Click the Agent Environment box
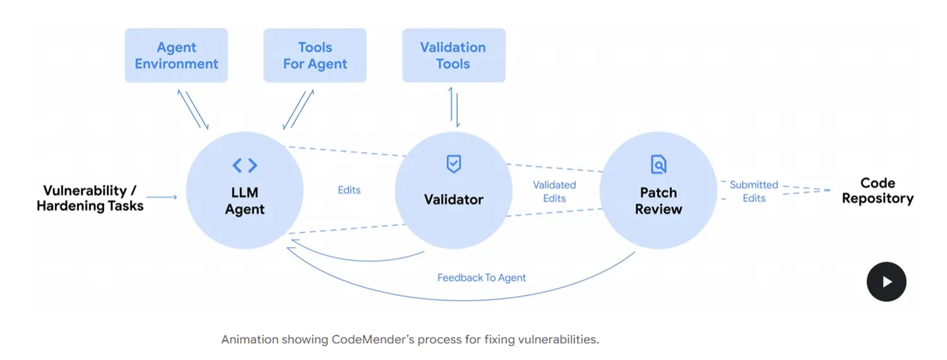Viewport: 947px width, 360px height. coord(176,56)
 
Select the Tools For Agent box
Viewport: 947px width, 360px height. coord(315,56)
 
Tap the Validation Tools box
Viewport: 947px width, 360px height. coord(453,56)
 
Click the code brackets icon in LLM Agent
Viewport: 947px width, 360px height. coord(245,165)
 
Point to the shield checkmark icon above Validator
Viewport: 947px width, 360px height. coord(453,164)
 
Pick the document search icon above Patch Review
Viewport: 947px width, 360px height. coord(658,165)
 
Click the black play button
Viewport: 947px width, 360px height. coord(886,282)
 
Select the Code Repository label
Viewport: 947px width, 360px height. coord(878,191)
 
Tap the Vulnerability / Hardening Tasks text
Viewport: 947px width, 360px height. coord(90,198)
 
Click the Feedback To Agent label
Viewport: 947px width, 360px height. coord(481,277)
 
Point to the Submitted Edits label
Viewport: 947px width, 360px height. coord(754,191)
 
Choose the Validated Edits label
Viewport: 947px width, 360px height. coord(554,191)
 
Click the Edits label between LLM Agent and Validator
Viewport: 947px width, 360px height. coord(349,189)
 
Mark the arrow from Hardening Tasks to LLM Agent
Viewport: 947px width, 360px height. coord(162,197)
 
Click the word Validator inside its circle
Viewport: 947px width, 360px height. coord(453,200)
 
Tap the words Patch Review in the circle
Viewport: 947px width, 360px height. coord(658,201)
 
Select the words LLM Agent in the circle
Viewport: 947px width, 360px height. coord(245,201)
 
